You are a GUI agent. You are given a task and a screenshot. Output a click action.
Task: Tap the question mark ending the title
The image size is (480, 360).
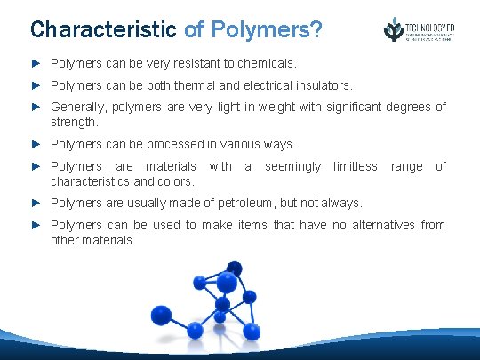click(316, 28)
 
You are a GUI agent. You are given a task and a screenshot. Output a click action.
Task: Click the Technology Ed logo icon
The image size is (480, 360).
click(393, 29)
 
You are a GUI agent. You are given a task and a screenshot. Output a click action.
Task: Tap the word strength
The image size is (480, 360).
click(72, 121)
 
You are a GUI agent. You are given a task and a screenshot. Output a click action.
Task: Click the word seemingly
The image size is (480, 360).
click(293, 166)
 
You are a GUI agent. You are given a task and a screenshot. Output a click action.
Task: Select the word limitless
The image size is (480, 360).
click(356, 166)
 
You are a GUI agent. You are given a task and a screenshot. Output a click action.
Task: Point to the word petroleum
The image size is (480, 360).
click(252, 203)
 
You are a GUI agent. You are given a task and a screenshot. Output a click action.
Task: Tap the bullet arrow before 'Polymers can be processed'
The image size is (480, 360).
click(37, 143)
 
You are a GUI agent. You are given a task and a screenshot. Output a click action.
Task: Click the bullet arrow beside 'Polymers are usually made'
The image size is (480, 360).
click(37, 203)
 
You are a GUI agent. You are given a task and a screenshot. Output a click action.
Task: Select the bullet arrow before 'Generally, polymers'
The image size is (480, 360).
click(37, 108)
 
